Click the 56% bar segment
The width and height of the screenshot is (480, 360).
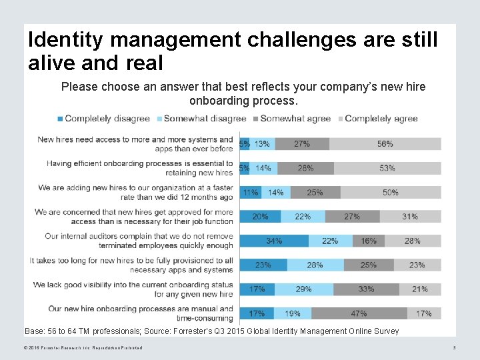click(x=385, y=143)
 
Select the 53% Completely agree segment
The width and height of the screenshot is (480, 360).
click(x=387, y=168)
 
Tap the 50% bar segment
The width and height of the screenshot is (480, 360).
click(x=390, y=192)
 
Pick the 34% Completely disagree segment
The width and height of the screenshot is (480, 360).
click(x=273, y=241)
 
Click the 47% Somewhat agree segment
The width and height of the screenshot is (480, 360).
click(x=359, y=313)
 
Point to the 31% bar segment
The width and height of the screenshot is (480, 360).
click(x=409, y=217)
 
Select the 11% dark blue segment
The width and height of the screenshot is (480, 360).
click(x=251, y=192)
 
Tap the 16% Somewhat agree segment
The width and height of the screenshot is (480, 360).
click(x=369, y=241)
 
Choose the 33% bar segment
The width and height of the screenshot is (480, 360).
click(x=366, y=289)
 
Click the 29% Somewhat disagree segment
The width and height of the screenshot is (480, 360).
click(x=303, y=289)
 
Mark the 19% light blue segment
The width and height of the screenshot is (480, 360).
click(x=293, y=313)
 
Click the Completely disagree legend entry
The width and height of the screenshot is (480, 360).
click(x=103, y=119)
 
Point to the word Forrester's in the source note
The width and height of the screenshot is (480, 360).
click(x=205, y=331)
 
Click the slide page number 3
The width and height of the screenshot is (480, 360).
click(x=454, y=348)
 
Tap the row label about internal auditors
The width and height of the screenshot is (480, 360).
click(x=139, y=241)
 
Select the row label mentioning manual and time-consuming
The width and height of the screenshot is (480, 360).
click(x=141, y=313)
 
